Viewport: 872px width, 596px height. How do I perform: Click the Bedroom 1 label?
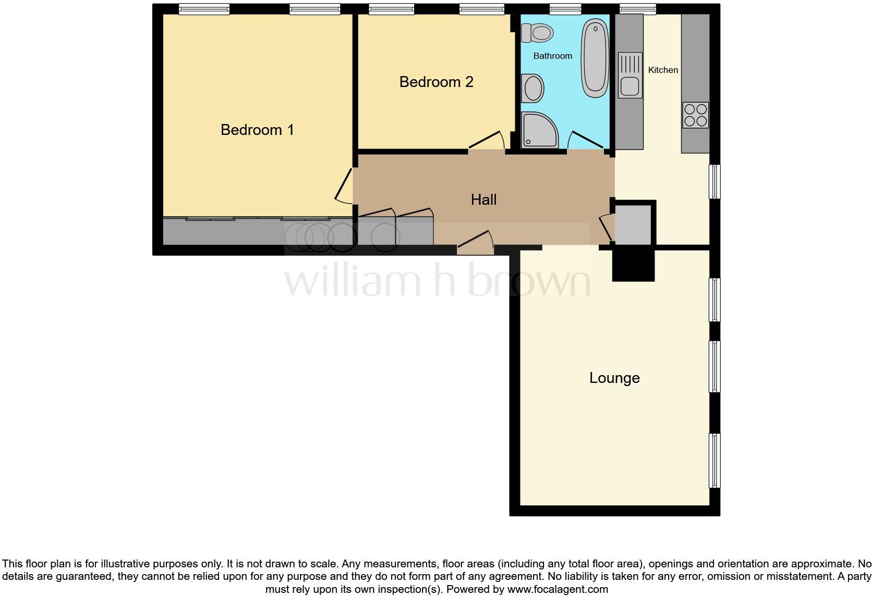[257, 129]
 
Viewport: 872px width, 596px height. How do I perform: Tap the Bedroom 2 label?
[436, 82]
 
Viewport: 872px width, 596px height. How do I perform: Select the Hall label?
[483, 200]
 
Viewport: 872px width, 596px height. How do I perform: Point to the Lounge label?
[614, 378]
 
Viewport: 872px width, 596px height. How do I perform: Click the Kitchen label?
[663, 70]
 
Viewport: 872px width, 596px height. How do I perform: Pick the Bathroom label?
[552, 56]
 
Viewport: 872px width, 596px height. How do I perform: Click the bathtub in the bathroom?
[595, 57]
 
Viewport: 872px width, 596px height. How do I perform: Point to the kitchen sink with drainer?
[630, 76]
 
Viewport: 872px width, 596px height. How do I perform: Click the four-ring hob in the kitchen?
[696, 115]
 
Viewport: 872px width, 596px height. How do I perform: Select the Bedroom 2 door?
[486, 141]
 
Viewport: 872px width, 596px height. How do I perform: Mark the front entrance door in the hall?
[476, 242]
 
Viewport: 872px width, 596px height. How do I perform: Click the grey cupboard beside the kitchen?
[634, 225]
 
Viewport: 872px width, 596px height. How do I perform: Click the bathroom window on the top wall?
[565, 9]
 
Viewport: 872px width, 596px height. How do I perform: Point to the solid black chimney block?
[633, 265]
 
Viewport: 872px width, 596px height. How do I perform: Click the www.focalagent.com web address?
[557, 590]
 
